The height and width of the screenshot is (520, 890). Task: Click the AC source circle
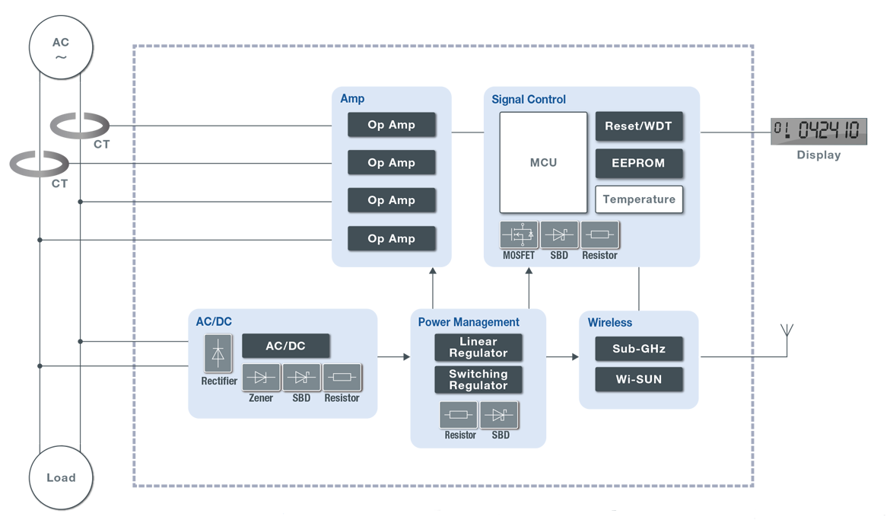61,47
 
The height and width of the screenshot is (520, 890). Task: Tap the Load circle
61,477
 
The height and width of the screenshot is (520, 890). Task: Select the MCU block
543,162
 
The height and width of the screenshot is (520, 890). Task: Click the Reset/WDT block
638,126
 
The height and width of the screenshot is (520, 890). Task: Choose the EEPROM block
638,163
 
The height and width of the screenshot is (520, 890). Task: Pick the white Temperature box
639,199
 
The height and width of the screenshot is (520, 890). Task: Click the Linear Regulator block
478,347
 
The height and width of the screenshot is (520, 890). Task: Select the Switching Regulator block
478,380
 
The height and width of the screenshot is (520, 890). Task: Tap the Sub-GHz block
638,349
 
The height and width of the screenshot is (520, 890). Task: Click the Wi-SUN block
638,379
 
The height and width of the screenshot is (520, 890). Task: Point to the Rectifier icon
218,354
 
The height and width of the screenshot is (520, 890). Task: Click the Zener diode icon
261,377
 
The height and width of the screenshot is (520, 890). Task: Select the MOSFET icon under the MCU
519,234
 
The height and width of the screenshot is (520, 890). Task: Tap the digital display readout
818,131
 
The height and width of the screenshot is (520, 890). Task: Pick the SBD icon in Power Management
499,415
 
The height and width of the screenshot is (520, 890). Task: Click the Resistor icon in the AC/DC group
342,377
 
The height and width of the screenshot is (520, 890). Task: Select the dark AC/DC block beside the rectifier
285,346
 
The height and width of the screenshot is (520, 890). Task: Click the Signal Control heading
529,99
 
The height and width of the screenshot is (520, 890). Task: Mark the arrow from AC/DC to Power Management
394,356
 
